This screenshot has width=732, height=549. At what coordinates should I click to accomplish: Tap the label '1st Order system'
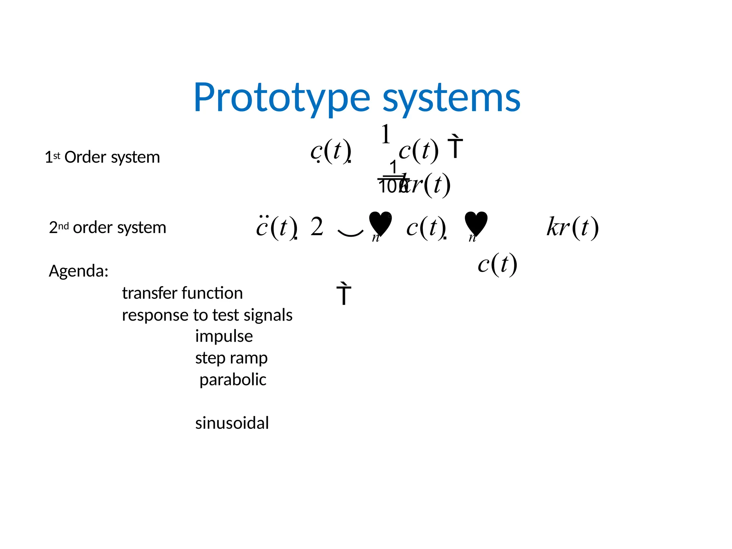[102, 157]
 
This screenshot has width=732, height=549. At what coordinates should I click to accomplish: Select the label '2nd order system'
[108, 227]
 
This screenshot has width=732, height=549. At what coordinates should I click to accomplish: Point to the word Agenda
[79, 271]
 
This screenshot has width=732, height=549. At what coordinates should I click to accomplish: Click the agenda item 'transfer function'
[182, 293]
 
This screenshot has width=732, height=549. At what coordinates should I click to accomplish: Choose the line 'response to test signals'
[207, 315]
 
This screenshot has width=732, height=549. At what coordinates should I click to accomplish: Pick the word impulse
[224, 336]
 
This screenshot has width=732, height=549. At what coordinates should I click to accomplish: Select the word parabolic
[233, 380]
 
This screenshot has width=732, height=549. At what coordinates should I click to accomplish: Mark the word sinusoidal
[232, 423]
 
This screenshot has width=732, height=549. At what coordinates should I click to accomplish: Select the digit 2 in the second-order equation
[317, 227]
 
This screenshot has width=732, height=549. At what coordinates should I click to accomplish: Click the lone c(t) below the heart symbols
[497, 264]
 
